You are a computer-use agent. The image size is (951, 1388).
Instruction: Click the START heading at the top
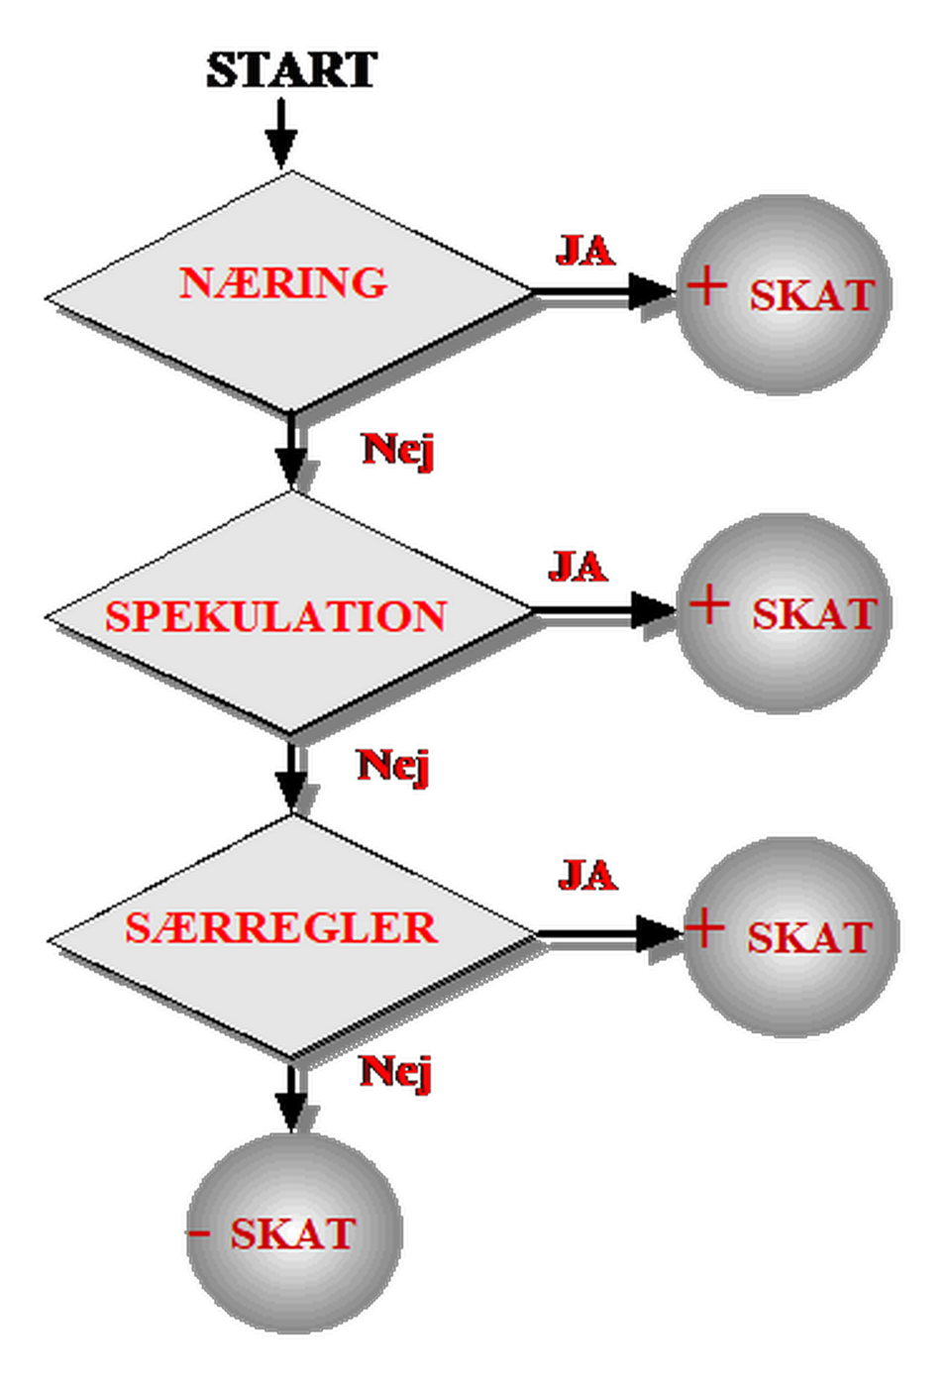pyautogui.click(x=293, y=70)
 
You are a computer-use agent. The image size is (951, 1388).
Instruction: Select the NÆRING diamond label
pyautogui.click(x=283, y=283)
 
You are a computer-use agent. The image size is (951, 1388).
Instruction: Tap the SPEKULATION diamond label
pyautogui.click(x=276, y=616)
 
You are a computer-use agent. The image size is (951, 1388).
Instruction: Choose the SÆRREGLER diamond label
pyautogui.click(x=281, y=928)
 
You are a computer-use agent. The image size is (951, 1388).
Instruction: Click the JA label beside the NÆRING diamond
pyautogui.click(x=585, y=250)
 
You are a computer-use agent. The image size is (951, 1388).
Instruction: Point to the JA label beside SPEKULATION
pyautogui.click(x=579, y=568)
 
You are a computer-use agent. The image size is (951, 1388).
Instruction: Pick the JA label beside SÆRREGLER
pyautogui.click(x=588, y=876)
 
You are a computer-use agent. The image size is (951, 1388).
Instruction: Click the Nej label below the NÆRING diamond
pyautogui.click(x=399, y=450)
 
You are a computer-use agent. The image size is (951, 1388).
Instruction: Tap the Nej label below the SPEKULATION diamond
pyautogui.click(x=394, y=766)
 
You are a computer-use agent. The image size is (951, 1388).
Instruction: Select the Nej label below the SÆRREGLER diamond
pyautogui.click(x=397, y=1072)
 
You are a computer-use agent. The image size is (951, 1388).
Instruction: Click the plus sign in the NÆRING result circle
pyautogui.click(x=707, y=286)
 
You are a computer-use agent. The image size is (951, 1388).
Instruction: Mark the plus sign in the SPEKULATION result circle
pyautogui.click(x=709, y=604)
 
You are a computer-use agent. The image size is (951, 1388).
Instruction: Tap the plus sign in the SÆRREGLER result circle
pyautogui.click(x=705, y=929)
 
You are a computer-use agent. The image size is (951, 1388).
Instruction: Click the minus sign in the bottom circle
pyautogui.click(x=199, y=1233)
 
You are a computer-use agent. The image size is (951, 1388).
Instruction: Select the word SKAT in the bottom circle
pyautogui.click(x=293, y=1234)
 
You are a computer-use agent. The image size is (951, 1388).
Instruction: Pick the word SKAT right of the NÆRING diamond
pyautogui.click(x=812, y=295)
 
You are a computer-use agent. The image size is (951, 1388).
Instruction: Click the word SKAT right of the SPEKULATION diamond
pyautogui.click(x=814, y=614)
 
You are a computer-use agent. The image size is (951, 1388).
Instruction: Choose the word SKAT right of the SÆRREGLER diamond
pyautogui.click(x=809, y=938)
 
